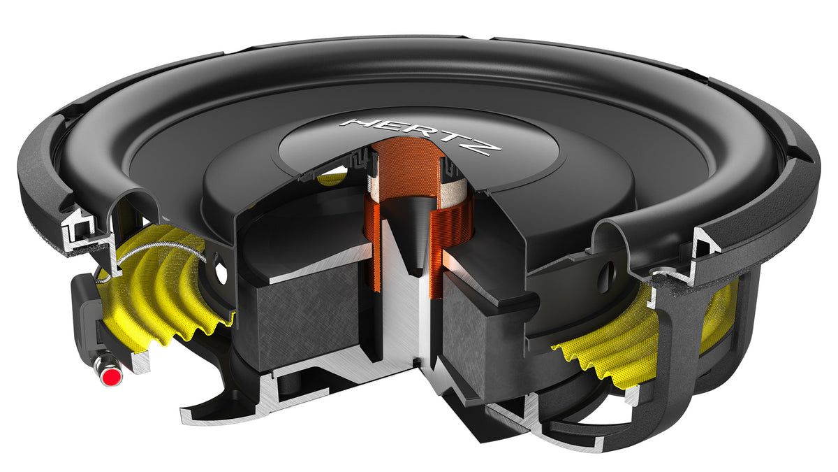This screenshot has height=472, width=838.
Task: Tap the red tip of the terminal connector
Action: (108, 378)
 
